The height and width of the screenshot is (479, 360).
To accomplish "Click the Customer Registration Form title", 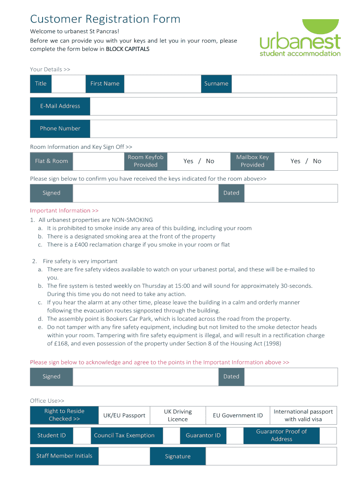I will coord(105,19).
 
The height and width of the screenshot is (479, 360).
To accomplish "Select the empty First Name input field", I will coord(162,84).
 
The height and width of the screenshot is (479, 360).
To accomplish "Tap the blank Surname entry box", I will coord(284,84).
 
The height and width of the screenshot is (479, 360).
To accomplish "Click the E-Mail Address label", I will coord(60,106).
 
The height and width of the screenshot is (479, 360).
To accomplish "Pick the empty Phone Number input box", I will coord(213,129).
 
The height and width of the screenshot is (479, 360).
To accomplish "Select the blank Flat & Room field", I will coord(98,161).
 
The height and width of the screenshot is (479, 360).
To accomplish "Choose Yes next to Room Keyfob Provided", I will coord(188,161).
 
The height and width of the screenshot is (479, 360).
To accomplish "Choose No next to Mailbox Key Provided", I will coord(317,161).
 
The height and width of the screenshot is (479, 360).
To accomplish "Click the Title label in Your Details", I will coord(41,84).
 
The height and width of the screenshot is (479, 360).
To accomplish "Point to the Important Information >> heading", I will coord(64,210).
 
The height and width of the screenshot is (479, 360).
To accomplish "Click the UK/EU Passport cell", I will coord(124,415).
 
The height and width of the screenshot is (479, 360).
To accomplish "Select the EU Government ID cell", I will coord(238,415).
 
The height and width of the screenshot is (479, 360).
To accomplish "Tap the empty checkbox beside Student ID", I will coord(82,435).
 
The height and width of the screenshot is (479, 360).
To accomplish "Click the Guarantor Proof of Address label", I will coord(281,435).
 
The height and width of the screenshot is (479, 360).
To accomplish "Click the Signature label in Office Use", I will coord(178,457).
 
